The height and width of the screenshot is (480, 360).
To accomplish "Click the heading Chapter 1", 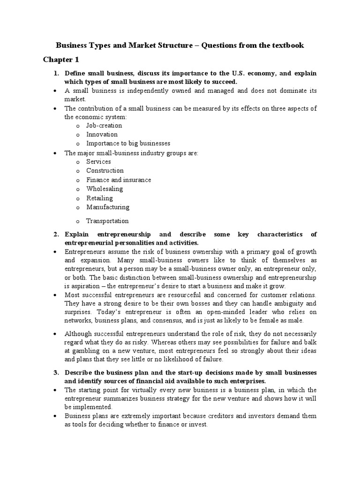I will [61, 60].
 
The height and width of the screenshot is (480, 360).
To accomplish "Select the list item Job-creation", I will [104, 126].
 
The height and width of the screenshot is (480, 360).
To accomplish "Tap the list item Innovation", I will [102, 135].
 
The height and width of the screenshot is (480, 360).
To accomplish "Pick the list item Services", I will [98, 162].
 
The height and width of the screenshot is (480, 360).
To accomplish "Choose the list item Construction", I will [105, 171].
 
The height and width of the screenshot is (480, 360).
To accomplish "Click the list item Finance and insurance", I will [119, 180].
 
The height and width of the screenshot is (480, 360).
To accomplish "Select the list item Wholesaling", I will [105, 189].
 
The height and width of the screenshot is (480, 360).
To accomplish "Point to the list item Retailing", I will [100, 198].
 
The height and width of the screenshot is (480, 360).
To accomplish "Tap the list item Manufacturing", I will [108, 207].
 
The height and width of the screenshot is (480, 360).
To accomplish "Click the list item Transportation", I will [107, 221].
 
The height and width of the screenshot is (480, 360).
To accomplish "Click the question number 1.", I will [56, 74].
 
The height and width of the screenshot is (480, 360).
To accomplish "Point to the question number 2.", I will [56, 234].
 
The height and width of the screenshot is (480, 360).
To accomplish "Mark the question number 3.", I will [56, 372].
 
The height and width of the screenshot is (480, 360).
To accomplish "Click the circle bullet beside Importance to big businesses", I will [77, 144].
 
